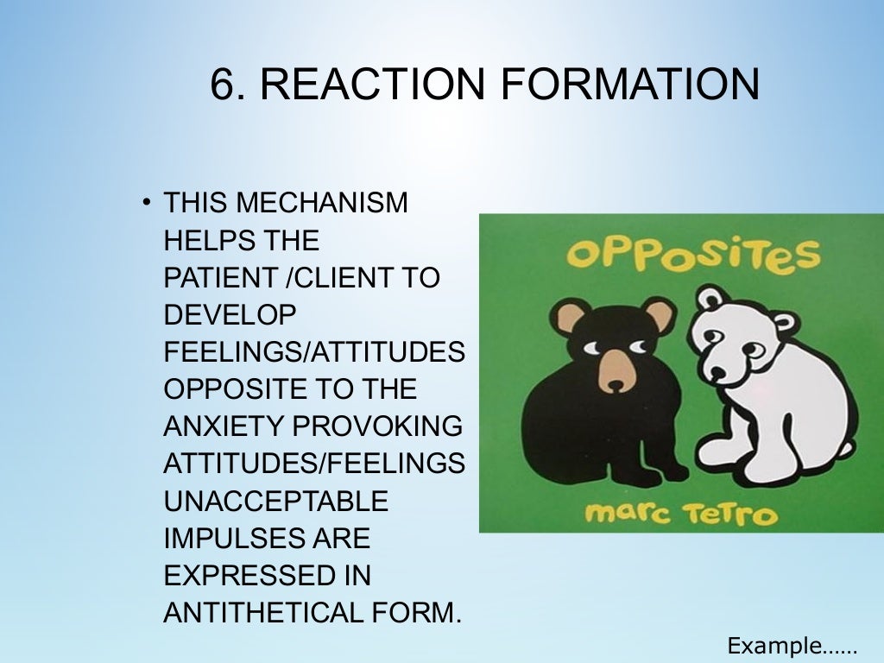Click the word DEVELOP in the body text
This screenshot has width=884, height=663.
230,315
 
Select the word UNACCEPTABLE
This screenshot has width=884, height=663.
275,501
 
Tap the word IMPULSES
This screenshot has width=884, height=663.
220,538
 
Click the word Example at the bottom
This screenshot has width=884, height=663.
773,645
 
